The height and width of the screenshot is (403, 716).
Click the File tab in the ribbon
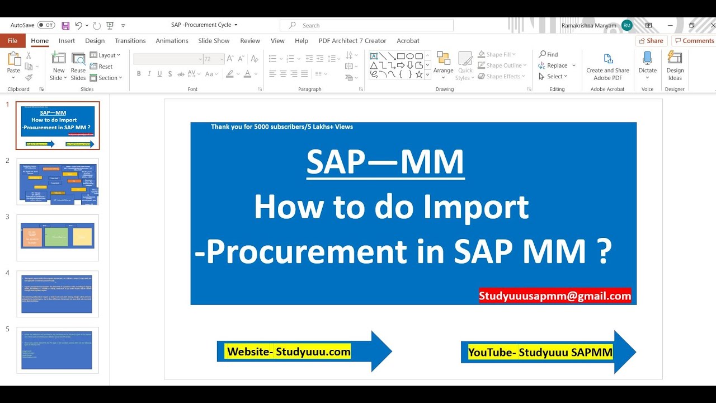pyautogui.click(x=12, y=41)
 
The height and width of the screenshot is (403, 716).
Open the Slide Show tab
pyautogui.click(x=214, y=41)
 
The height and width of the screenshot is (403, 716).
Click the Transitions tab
pyautogui.click(x=130, y=41)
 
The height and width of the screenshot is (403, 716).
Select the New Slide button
pyautogui.click(x=58, y=65)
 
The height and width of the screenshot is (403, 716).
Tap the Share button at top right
pyautogui.click(x=651, y=41)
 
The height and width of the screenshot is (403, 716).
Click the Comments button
pyautogui.click(x=694, y=41)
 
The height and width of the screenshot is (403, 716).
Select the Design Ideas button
pyautogui.click(x=675, y=65)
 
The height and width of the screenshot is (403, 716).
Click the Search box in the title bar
pyautogui.click(x=366, y=25)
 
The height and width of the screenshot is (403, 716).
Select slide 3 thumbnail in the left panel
pyautogui.click(x=58, y=237)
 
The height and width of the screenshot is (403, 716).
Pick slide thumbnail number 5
pyautogui.click(x=58, y=350)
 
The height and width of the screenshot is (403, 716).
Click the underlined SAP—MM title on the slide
pyautogui.click(x=385, y=162)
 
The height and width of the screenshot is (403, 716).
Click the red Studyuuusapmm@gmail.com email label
pyautogui.click(x=554, y=296)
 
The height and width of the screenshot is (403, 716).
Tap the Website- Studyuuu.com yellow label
pyautogui.click(x=288, y=352)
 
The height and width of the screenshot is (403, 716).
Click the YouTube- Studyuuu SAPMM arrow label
pyautogui.click(x=540, y=352)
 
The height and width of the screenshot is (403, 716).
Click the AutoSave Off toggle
pyautogui.click(x=45, y=25)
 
